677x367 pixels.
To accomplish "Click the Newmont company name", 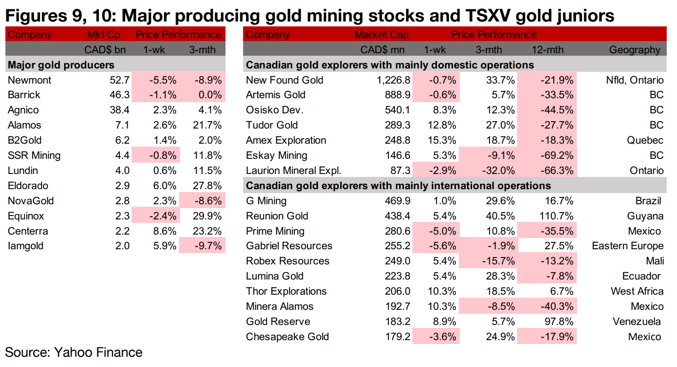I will tap(29, 80).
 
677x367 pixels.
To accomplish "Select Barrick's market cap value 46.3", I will tap(120, 95).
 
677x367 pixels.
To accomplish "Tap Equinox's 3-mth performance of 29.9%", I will tap(206, 216).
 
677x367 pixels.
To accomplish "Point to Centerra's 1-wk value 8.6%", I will tap(164, 231).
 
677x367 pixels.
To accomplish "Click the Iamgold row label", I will tap(25, 246).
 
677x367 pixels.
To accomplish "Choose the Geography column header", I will tap(635, 50).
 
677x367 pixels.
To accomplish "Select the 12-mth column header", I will tap(547, 50).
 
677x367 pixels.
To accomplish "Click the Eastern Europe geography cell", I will tap(628, 246).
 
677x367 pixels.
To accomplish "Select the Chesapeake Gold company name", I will tap(287, 337).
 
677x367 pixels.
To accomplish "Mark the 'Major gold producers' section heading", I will tap(61, 65).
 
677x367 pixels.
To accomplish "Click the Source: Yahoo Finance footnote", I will tap(73, 352).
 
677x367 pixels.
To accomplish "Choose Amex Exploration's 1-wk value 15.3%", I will tap(441, 140).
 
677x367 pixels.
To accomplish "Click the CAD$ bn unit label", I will tap(102, 50).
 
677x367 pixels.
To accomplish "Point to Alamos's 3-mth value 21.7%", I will tap(206, 125).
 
